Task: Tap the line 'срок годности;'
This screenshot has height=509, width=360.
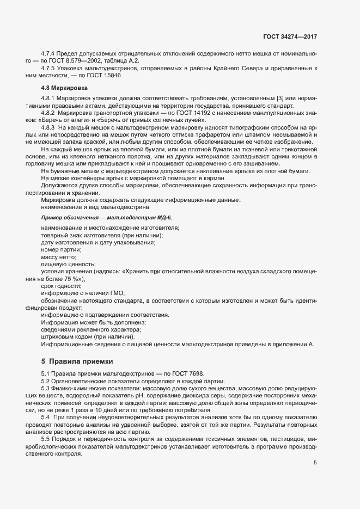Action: tap(61, 286)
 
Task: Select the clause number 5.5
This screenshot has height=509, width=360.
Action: tap(46, 439)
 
